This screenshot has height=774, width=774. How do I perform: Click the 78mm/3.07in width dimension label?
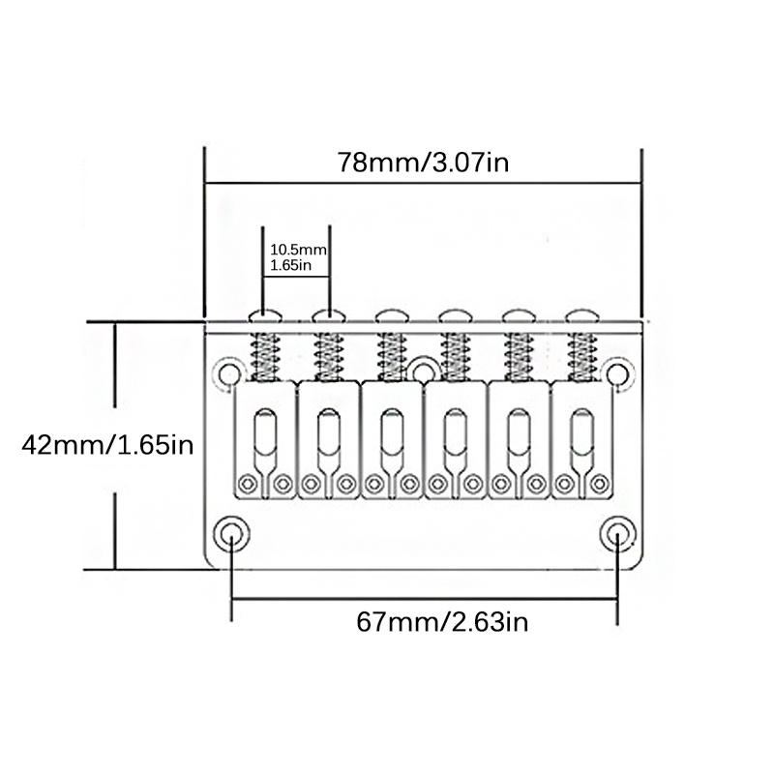423,162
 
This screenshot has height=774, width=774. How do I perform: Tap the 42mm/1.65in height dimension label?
108,446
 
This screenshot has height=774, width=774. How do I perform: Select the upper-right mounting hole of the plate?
618,372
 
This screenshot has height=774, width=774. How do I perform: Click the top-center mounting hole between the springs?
423,368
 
